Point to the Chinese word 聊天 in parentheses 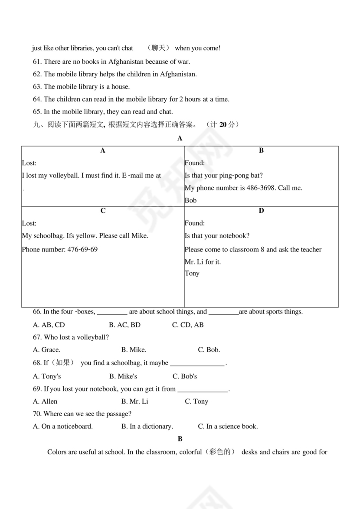[158, 48]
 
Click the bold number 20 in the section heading [223, 125]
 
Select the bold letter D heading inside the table [261, 211]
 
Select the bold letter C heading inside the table [103, 211]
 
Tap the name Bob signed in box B [190, 200]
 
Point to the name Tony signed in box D [192, 274]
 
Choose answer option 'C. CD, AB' [187, 325]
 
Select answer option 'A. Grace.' [46, 350]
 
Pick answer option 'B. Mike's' [123, 376]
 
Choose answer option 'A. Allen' [45, 401]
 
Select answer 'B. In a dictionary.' [147, 427]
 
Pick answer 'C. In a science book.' [228, 427]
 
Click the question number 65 [37, 112]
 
